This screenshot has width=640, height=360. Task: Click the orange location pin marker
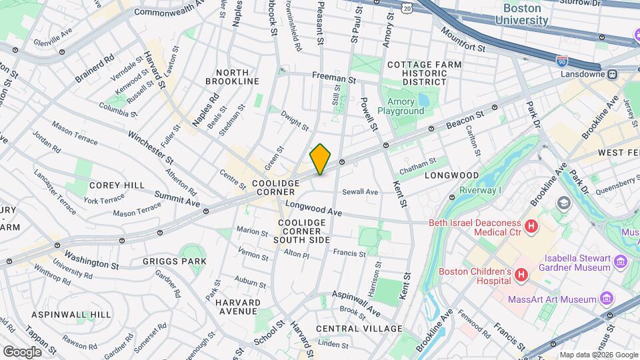coord(321,159)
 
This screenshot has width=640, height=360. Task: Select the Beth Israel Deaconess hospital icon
coord(531,227)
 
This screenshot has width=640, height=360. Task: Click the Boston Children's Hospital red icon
coord(521,274)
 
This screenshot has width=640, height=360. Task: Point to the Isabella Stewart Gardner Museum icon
coord(622,259)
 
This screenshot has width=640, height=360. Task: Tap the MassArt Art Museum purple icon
coord(606,298)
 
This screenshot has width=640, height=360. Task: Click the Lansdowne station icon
coord(612,73)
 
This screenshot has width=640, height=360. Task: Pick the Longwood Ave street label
coord(313,209)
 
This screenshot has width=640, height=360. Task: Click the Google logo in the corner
coord(22,351)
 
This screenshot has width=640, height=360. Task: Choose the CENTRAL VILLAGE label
coord(359,329)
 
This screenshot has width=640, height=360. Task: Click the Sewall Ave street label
coord(359,192)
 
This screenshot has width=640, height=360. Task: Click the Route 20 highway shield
coord(407,6)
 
